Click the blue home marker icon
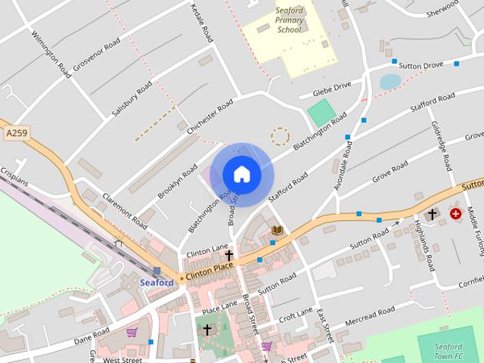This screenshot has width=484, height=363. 242,174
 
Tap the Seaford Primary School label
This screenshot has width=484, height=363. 289,20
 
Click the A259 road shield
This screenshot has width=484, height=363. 15,133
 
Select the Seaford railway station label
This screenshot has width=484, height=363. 157,282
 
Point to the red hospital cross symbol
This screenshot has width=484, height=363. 455,214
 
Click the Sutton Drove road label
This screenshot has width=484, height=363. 421,66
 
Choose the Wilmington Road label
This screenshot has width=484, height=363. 51,53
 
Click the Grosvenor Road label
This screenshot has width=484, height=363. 97,54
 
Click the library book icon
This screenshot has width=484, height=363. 278,229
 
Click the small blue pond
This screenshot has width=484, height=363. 389,82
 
